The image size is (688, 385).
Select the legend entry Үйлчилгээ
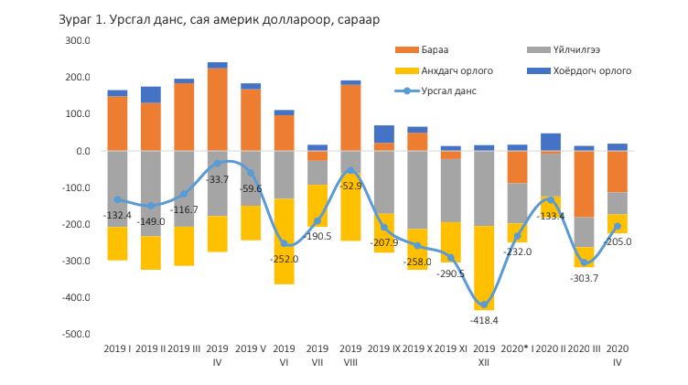(x=575, y=49)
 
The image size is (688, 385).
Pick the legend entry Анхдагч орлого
(x=457, y=70)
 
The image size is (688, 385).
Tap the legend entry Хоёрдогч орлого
(x=591, y=70)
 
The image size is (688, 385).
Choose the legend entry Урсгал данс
(x=448, y=91)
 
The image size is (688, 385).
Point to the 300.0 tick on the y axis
(x=76, y=40)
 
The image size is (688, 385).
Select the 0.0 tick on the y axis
(x=80, y=151)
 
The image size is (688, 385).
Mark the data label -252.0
(x=284, y=259)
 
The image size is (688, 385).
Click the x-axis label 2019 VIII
(x=349, y=356)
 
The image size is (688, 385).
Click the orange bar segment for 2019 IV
(x=217, y=110)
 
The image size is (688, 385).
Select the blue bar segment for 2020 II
(x=550, y=141)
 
